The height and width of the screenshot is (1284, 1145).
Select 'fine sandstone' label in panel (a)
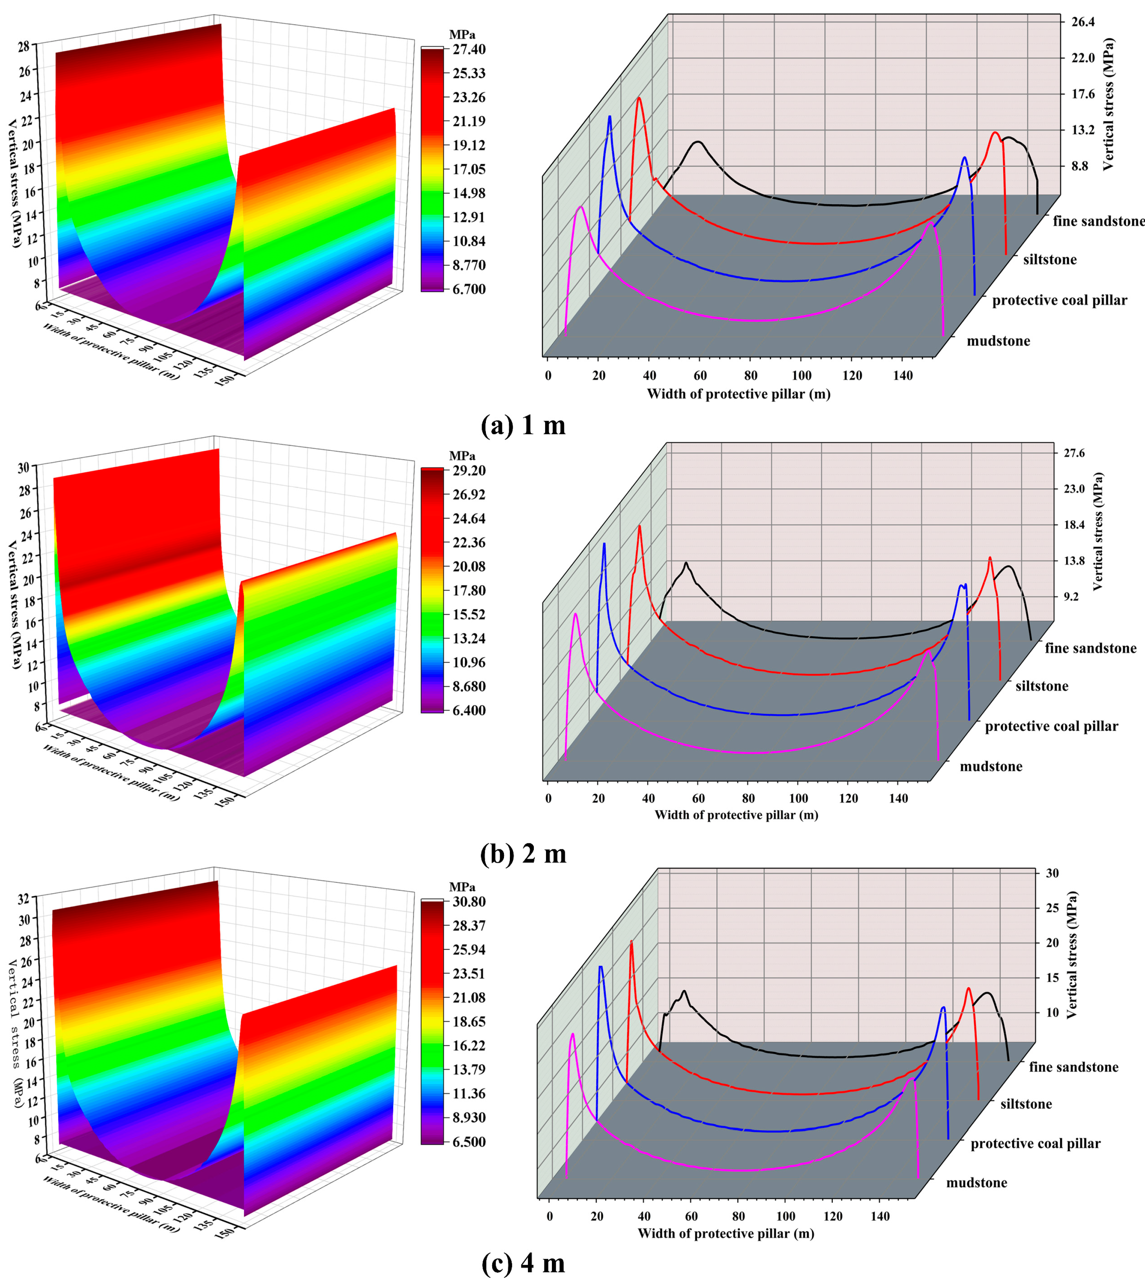click(1098, 221)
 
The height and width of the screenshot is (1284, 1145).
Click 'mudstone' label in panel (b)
click(991, 766)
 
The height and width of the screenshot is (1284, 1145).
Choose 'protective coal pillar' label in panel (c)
click(1035, 1144)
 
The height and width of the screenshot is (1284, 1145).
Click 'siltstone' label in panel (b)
click(1042, 686)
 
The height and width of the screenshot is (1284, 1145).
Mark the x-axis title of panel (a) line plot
click(738, 394)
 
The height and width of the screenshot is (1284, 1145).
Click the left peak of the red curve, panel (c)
click(631, 941)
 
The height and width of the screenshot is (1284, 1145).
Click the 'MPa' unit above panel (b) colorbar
click(462, 456)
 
